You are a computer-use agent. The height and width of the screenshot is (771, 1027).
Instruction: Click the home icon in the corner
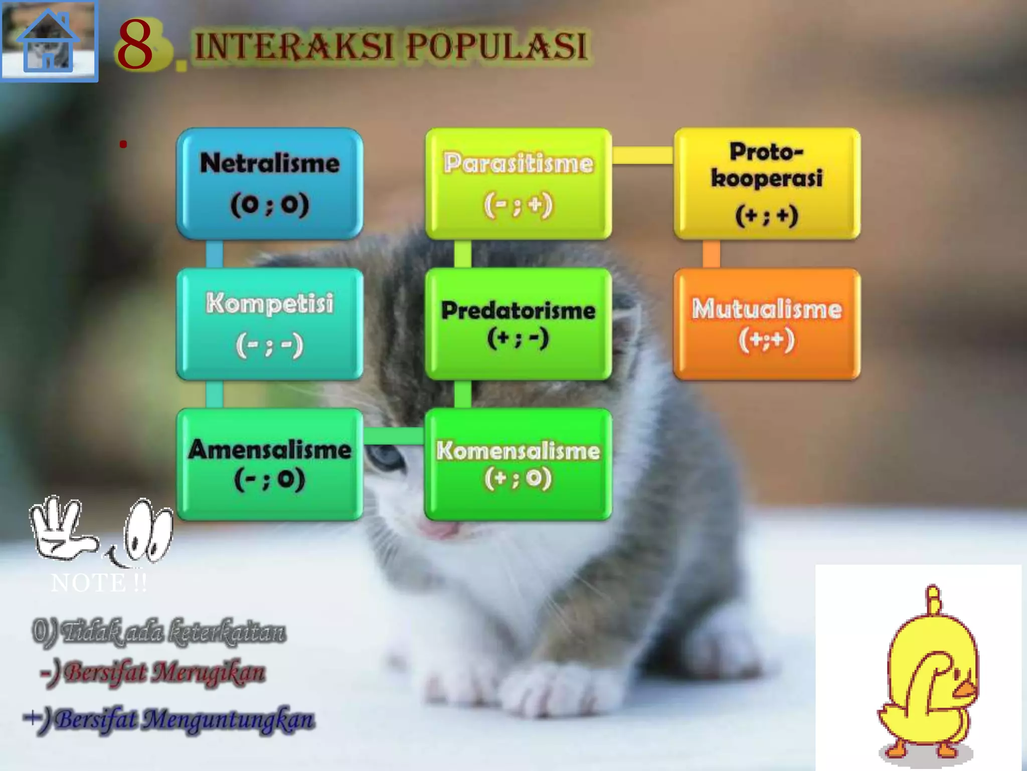pos(49,41)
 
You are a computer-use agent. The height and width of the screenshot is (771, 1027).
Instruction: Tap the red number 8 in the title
pos(135,45)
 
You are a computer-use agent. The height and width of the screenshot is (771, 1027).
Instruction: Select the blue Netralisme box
pos(270,183)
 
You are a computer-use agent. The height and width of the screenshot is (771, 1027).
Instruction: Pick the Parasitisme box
pos(518,183)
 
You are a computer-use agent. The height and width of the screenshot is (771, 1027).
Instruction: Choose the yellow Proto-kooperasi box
pos(767,183)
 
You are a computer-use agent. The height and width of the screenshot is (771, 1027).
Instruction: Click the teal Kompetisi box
pos(270,324)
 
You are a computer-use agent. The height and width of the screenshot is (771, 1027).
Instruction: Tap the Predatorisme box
pos(518,324)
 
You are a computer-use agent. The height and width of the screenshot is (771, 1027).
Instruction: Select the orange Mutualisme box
pos(767,324)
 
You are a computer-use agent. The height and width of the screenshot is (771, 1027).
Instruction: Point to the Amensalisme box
pos(270,464)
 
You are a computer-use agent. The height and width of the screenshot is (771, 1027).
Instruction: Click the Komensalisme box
pos(518,464)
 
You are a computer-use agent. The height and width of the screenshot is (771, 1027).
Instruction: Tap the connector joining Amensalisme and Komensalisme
pos(394,436)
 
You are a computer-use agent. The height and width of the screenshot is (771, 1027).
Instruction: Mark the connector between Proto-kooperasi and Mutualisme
pos(711,254)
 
